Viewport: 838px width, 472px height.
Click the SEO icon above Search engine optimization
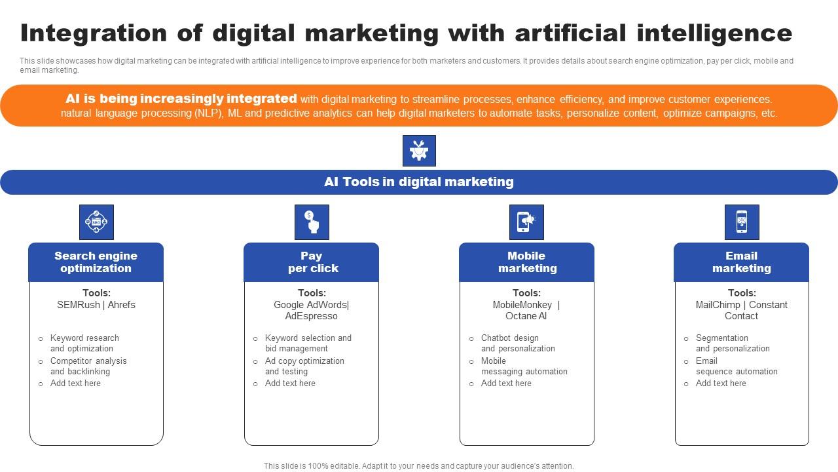(96, 222)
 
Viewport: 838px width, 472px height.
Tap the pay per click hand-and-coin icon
(312, 222)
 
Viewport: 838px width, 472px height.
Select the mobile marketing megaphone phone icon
(526, 222)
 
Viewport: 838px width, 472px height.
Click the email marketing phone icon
(742, 222)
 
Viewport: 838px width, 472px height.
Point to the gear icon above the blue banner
(419, 151)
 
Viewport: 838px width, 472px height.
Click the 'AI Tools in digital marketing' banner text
(419, 182)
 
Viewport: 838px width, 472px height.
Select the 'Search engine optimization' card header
(96, 262)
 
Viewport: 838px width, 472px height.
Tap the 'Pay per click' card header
(312, 262)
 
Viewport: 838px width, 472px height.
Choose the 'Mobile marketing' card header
(527, 262)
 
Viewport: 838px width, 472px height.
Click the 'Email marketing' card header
(742, 262)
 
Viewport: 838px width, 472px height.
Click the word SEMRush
(78, 305)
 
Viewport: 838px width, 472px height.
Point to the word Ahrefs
(122, 305)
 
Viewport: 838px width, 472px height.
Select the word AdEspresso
(312, 316)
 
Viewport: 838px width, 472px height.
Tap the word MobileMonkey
(522, 305)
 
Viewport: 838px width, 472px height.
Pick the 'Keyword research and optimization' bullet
(84, 344)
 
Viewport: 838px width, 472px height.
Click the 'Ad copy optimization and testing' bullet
(304, 366)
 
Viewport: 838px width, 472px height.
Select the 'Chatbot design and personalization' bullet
(517, 344)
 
